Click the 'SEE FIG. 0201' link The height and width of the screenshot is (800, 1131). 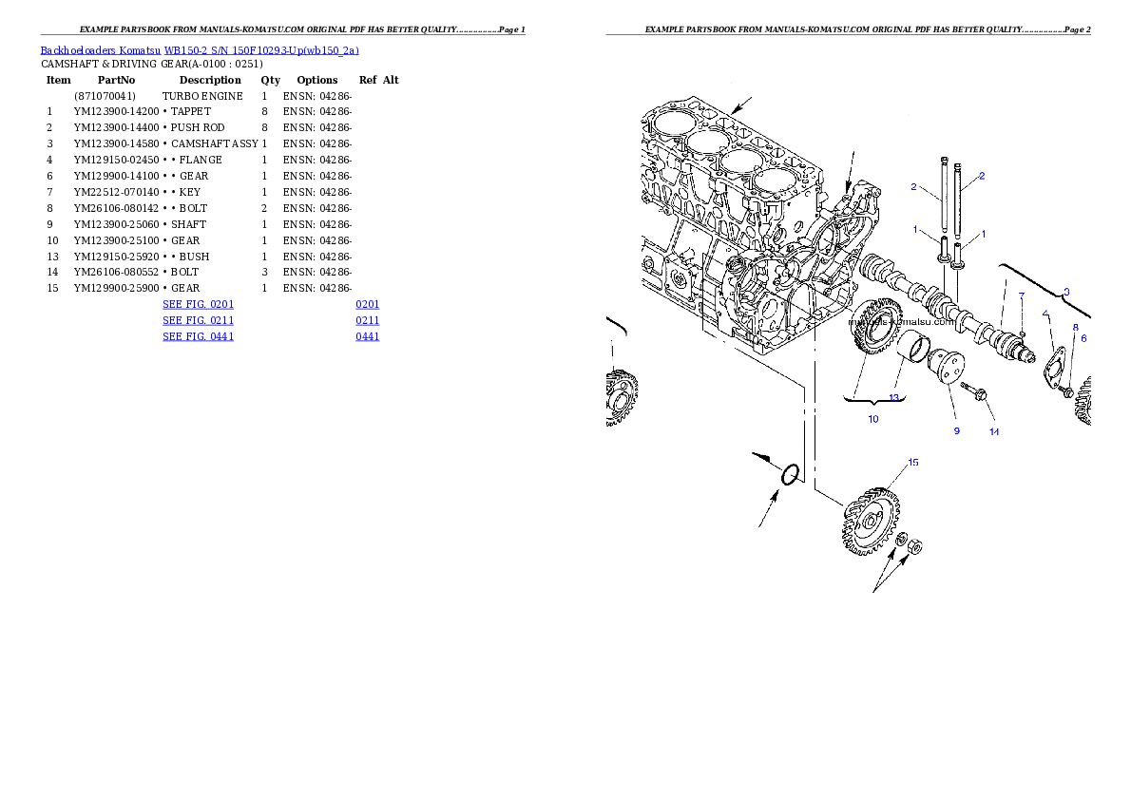pos(198,305)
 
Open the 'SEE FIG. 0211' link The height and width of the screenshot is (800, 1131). pos(198,321)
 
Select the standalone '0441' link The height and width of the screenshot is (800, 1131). pos(368,336)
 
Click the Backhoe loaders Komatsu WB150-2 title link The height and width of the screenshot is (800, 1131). pos(200,50)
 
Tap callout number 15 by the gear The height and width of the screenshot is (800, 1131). pos(912,463)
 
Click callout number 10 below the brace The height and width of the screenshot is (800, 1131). pos(872,418)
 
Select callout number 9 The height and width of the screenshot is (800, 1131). pos(957,430)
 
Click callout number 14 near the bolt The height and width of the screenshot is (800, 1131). pos(993,431)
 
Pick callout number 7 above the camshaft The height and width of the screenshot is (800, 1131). pos(1022,296)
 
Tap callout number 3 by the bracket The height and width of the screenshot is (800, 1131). pos(1066,292)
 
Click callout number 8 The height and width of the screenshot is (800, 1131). pos(1076,328)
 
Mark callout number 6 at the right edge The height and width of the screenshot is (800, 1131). pos(1083,338)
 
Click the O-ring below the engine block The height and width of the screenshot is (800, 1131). pos(789,474)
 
